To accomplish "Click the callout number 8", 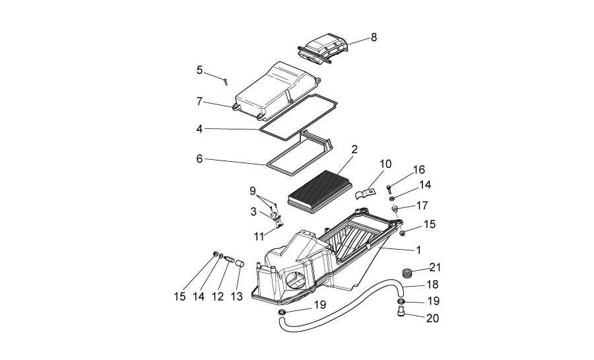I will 374,37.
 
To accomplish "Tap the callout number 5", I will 199,70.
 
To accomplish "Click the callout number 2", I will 354,150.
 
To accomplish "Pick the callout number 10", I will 385,163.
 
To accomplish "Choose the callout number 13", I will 236,297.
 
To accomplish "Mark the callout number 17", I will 422,205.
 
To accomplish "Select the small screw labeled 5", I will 226,81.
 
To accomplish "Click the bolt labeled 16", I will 390,187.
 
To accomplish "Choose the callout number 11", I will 259,235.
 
